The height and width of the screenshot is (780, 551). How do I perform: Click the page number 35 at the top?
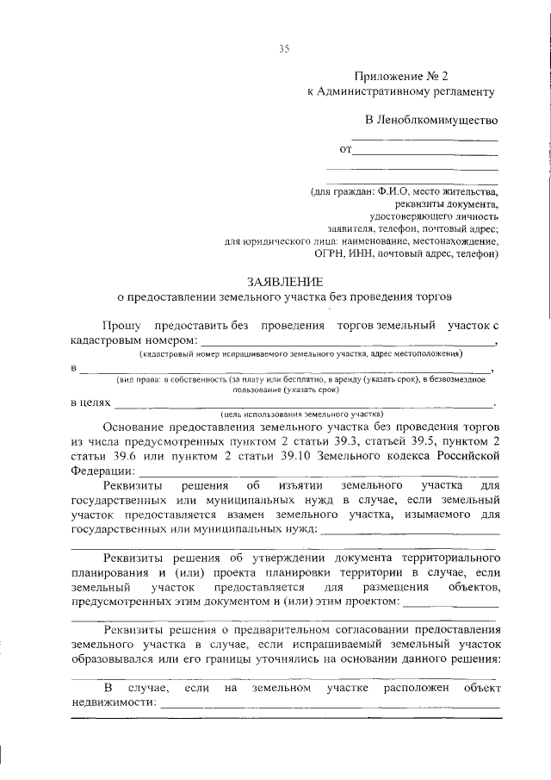[283, 48]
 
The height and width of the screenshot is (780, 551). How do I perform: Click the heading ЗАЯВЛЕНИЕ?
[285, 282]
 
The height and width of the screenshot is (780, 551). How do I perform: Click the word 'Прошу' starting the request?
[122, 326]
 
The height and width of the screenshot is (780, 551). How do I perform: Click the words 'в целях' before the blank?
[90, 402]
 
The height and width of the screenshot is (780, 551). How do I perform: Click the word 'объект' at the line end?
[481, 689]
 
